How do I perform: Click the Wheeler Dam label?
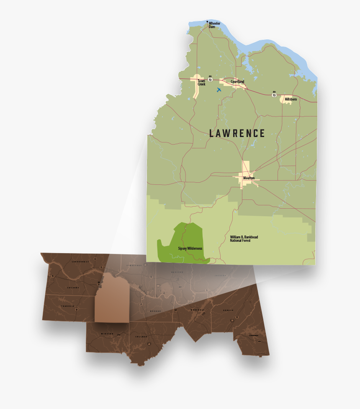point(214,25)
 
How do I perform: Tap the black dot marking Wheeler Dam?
point(207,21)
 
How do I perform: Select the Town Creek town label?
point(202,83)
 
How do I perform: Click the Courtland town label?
point(237,82)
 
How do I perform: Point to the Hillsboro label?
point(291,99)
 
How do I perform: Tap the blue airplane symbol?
point(219,90)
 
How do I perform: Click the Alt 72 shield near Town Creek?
point(210,78)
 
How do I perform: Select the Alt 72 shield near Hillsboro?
point(274,94)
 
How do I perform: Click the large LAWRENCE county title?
point(237,133)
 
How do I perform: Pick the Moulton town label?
point(249,178)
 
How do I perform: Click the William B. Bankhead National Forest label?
point(244,239)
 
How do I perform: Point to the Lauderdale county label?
point(80,261)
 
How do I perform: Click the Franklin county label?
point(67,306)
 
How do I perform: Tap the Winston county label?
point(107,334)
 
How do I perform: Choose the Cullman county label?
point(141,336)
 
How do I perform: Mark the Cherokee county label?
point(254,335)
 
